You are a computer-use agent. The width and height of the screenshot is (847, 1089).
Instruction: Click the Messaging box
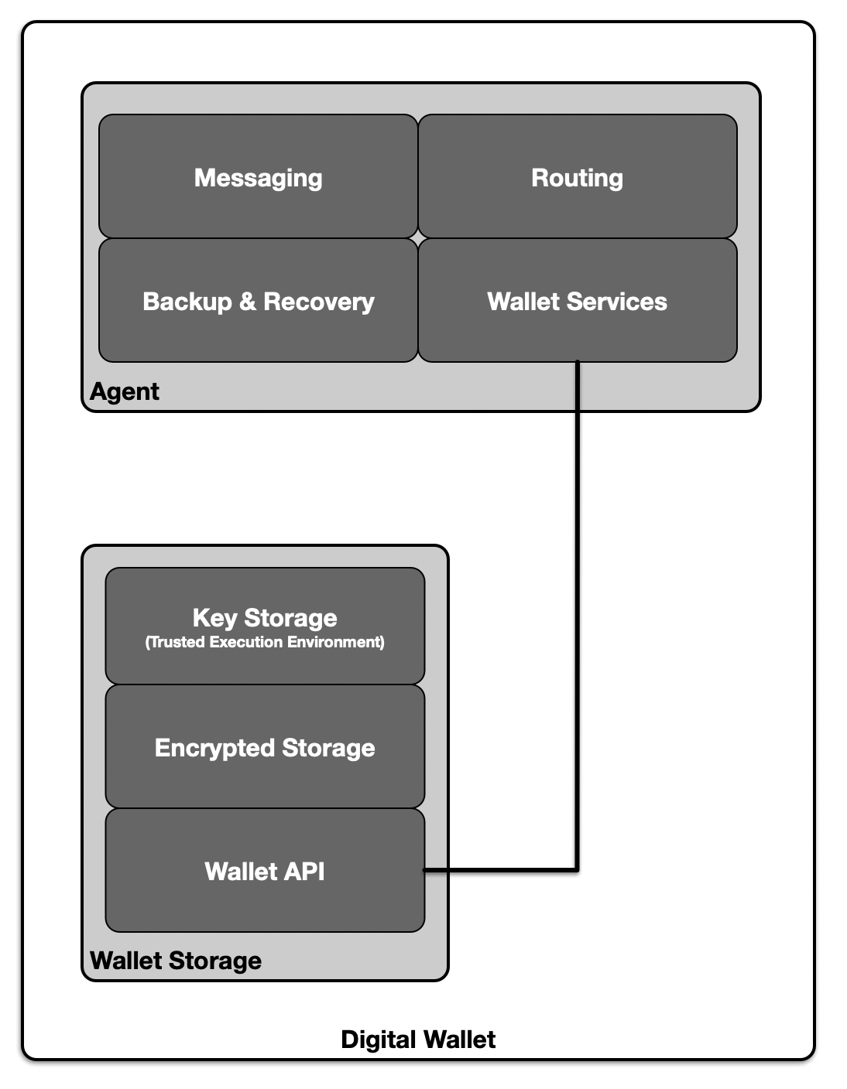pyautogui.click(x=259, y=176)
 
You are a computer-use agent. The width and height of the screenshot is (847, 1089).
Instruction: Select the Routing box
pyautogui.click(x=578, y=176)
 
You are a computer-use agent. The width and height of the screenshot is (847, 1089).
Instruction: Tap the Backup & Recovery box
pyautogui.click(x=259, y=300)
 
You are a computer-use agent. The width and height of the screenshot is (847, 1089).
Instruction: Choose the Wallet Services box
pyautogui.click(x=578, y=300)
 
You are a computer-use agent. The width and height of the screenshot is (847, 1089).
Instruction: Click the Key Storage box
pyautogui.click(x=265, y=626)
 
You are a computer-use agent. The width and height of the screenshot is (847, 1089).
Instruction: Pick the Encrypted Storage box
pyautogui.click(x=265, y=746)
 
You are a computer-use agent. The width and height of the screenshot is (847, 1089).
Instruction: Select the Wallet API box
pyautogui.click(x=265, y=870)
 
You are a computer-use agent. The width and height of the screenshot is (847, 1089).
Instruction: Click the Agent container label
pyautogui.click(x=125, y=392)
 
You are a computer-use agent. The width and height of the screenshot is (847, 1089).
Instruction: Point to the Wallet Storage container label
pyautogui.click(x=176, y=961)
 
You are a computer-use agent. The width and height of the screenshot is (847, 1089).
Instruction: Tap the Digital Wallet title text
pyautogui.click(x=418, y=1039)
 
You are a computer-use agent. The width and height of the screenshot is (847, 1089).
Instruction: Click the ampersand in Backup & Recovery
pyautogui.click(x=247, y=301)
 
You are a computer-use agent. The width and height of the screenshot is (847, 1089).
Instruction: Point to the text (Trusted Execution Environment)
pyautogui.click(x=265, y=642)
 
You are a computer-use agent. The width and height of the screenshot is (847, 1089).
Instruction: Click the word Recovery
pyautogui.click(x=319, y=302)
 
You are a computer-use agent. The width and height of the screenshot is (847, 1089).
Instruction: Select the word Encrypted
pyautogui.click(x=214, y=749)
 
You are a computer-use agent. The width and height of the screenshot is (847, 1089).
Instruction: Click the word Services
pyautogui.click(x=617, y=301)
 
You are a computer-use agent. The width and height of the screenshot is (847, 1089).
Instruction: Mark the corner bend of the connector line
pyautogui.click(x=578, y=870)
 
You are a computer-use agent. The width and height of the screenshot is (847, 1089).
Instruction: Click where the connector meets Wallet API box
pyautogui.click(x=425, y=870)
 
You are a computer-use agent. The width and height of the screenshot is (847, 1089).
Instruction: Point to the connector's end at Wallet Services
pyautogui.click(x=578, y=362)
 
